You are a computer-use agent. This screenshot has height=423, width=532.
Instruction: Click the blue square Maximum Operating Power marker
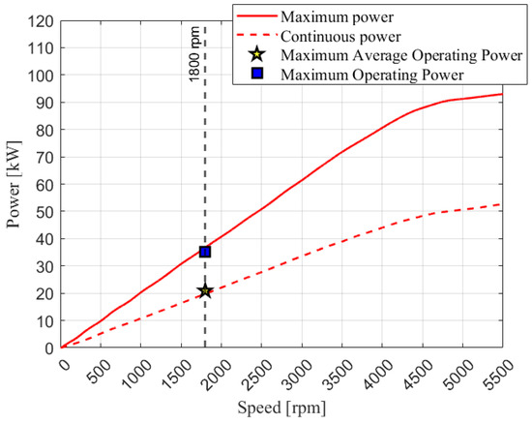click(205, 252)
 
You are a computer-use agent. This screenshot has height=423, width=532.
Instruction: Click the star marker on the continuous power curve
click(205, 291)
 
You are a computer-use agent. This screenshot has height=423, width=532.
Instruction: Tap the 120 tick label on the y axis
click(41, 20)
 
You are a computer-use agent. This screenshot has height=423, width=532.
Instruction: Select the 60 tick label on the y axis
click(44, 184)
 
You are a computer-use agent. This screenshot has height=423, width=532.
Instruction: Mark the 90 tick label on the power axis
click(44, 103)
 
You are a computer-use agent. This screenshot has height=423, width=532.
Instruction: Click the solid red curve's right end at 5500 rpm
click(502, 94)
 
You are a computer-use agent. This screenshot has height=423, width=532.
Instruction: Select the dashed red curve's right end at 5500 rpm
click(502, 204)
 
